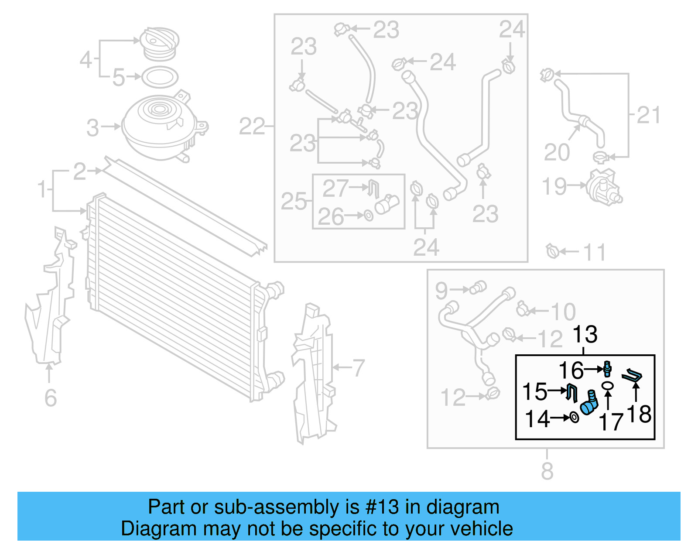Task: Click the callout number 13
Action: tap(585, 335)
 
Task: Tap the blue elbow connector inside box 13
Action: tap(589, 404)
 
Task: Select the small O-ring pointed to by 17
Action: tap(607, 385)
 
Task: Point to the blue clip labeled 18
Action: tap(632, 376)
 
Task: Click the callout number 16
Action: tap(571, 370)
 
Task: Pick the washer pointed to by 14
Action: tap(575, 418)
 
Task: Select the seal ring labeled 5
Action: tap(160, 77)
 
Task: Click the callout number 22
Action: tap(252, 127)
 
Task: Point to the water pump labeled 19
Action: tap(603, 186)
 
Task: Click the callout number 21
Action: tap(648, 115)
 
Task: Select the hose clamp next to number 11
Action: tap(552, 251)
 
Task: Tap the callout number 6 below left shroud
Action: tap(51, 398)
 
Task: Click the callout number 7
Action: tap(358, 367)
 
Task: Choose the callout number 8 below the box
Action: tap(547, 471)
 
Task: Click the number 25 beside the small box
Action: tap(294, 201)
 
